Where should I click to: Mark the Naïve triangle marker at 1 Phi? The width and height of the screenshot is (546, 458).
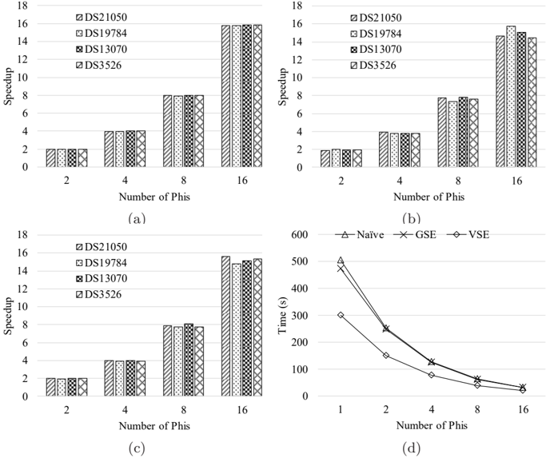click(341, 261)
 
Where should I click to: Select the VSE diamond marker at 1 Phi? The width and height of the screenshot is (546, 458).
click(341, 315)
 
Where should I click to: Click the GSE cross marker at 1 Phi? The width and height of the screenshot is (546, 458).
click(341, 269)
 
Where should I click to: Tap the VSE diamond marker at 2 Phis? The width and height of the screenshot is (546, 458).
click(385, 355)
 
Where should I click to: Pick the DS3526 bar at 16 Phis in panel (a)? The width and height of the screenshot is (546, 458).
click(257, 96)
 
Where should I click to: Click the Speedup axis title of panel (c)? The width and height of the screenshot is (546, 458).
click(9, 315)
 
